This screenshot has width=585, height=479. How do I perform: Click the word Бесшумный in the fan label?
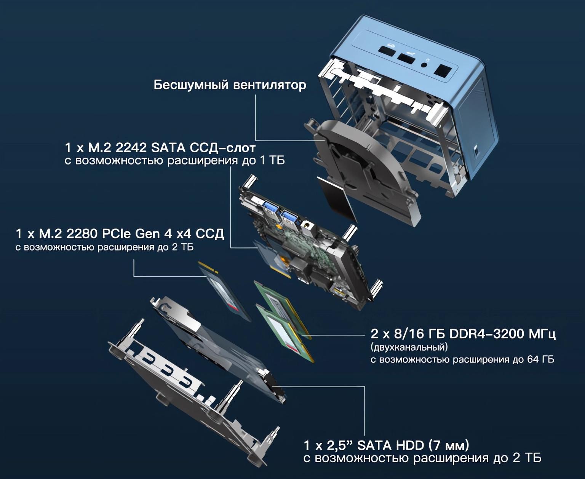[191, 85]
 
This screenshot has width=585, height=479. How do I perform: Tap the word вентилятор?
[269, 85]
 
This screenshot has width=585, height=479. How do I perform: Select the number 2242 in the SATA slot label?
[131, 148]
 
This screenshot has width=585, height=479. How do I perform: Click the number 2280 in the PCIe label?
[82, 234]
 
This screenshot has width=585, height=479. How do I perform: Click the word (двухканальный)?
[409, 347]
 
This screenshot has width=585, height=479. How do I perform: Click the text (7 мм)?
[449, 445]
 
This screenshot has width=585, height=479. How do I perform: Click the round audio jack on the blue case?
[424, 65]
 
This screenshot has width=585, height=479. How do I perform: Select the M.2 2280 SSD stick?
[224, 291]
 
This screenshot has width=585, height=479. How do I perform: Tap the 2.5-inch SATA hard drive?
[218, 350]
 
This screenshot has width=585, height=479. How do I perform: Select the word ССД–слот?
[222, 148]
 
